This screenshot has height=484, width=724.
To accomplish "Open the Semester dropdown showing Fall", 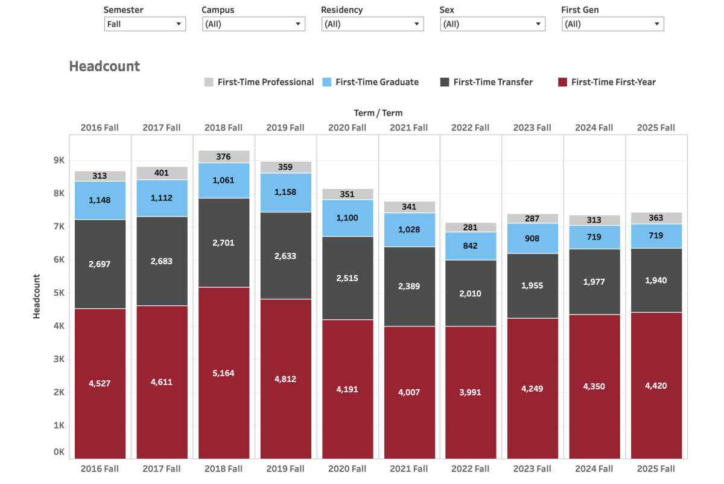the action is [145, 24].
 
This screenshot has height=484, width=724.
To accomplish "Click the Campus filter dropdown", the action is [253, 24].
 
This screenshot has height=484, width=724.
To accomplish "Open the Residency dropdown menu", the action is [372, 24].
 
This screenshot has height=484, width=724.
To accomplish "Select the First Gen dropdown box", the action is [613, 24].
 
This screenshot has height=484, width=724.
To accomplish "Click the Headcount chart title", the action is [104, 66].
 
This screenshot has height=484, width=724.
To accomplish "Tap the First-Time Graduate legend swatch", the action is [326, 82].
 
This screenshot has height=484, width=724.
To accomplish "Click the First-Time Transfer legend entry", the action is [486, 82].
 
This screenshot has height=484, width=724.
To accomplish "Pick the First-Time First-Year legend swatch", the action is [562, 82].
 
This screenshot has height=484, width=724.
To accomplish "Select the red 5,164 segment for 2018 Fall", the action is [224, 373].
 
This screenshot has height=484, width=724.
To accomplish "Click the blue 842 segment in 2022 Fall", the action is [471, 246].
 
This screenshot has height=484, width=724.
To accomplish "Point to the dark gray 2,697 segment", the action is [100, 264].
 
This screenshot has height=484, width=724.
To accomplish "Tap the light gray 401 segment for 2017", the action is [162, 173].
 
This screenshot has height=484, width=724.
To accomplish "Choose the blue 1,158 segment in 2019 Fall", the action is [286, 193].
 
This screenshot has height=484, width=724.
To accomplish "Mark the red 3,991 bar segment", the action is [471, 392].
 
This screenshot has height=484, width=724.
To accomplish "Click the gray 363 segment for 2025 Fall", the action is [656, 218].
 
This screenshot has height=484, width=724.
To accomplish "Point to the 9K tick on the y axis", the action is [59, 160].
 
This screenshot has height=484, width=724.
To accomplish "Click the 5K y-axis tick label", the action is [59, 293].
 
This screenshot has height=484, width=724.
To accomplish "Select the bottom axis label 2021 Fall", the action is [409, 469].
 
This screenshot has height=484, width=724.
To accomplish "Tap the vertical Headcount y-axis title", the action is [37, 296].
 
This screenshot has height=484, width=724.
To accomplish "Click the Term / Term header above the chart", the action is [378, 113].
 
